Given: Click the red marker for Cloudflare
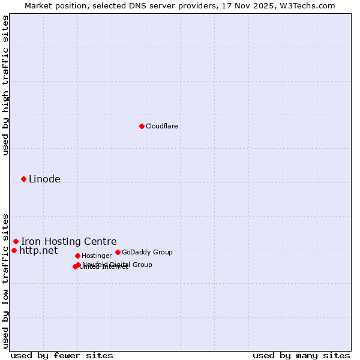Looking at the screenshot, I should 142,126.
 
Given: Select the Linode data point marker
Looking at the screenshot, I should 23,179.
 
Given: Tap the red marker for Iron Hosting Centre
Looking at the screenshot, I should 16,241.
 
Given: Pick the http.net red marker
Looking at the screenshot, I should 14,250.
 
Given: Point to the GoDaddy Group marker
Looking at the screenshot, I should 118,252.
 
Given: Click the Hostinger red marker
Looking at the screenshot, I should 77,256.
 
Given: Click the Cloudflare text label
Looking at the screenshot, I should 161,126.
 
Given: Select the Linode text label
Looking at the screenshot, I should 44,179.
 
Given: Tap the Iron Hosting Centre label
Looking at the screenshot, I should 68,241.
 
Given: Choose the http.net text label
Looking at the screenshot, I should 38,250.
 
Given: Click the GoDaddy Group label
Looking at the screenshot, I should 147,252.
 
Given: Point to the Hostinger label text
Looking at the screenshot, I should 97,256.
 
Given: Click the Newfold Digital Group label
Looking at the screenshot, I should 117,264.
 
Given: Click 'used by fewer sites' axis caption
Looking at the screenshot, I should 62,355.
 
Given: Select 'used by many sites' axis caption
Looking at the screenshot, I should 301,355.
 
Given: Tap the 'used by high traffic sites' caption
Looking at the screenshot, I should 5,85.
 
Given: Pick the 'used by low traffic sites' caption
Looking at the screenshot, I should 5,281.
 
